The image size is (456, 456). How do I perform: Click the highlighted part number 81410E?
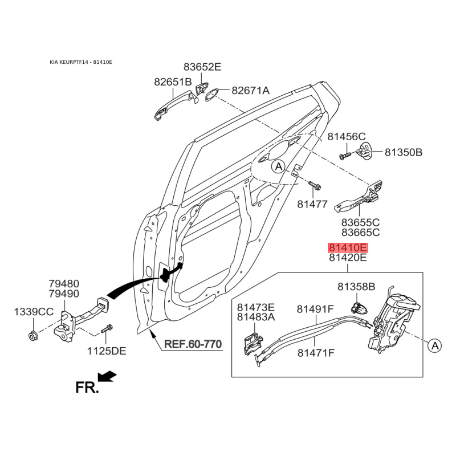point(348,248)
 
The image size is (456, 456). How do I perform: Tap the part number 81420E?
point(348,258)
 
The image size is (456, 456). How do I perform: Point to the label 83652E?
point(202,67)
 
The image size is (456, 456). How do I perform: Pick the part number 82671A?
point(250,91)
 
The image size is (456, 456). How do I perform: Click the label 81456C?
point(346,137)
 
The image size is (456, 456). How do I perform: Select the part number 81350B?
point(403,152)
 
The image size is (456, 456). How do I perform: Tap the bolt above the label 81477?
point(315,186)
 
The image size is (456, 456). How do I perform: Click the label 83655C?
point(360,223)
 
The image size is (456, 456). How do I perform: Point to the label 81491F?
point(315,309)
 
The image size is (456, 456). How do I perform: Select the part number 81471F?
point(315,353)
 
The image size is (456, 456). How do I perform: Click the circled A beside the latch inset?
point(434,345)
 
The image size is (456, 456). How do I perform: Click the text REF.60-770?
point(193,344)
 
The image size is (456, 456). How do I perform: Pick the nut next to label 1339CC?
point(33,334)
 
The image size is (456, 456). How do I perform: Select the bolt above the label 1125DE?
point(107,329)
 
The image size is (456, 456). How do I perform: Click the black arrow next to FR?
point(107,376)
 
